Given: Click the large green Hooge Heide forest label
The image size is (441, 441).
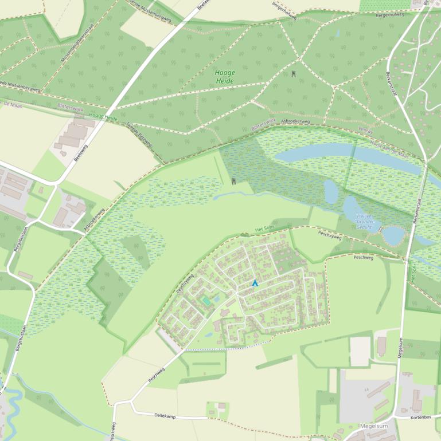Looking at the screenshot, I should (x=225, y=77).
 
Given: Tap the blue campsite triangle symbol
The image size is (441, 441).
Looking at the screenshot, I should (x=255, y=283).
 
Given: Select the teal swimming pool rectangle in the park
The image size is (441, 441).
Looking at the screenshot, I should (x=206, y=301).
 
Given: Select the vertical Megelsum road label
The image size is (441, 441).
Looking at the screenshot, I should (x=400, y=348).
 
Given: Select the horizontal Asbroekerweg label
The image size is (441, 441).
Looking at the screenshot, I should (x=295, y=122).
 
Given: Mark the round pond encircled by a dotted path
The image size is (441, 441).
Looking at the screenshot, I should (x=392, y=235).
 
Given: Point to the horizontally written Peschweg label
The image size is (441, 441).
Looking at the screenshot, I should (x=364, y=258).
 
